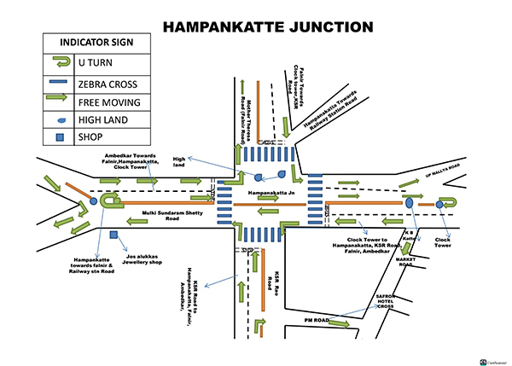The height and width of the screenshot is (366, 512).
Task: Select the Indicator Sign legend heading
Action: (x=95, y=42)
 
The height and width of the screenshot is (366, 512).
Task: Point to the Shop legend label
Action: (x=90, y=137)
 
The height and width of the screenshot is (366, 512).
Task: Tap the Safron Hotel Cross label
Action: (x=383, y=303)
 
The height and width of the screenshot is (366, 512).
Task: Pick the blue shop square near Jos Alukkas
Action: (x=113, y=234)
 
